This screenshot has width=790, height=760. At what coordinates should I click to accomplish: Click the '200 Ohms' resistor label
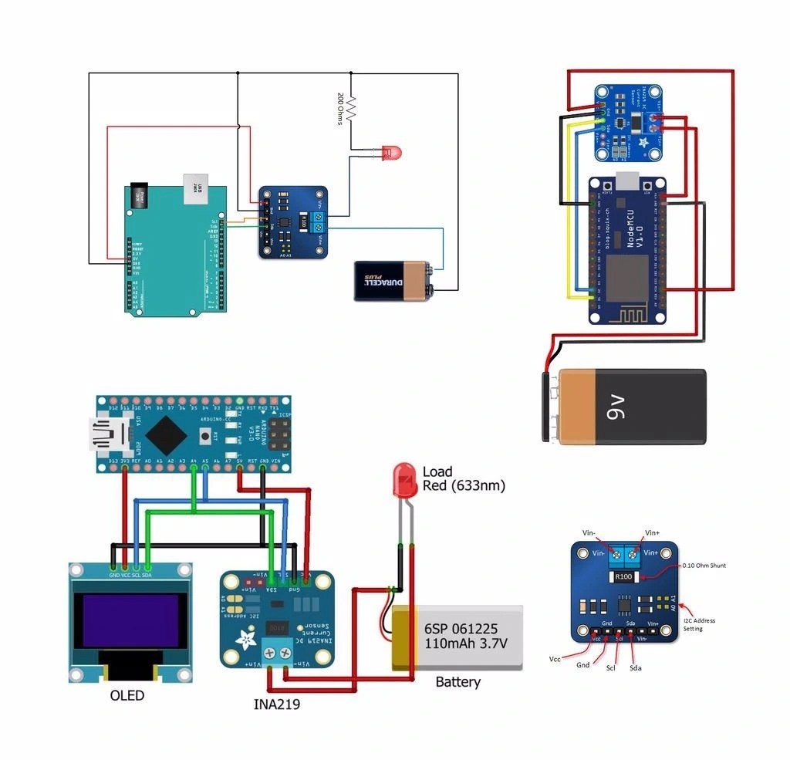click(x=340, y=109)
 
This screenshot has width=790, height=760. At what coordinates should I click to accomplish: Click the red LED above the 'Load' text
click(x=403, y=479)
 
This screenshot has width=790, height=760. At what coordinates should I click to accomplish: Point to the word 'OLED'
click(x=127, y=695)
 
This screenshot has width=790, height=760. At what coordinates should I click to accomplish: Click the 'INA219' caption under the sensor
click(x=277, y=704)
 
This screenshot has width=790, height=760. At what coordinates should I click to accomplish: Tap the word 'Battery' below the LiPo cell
click(x=457, y=682)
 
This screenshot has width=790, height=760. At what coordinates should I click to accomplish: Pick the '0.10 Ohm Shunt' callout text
click(x=704, y=565)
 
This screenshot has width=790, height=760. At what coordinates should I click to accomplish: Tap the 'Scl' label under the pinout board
click(x=610, y=667)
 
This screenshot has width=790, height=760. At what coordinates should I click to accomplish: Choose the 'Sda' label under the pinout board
click(x=636, y=667)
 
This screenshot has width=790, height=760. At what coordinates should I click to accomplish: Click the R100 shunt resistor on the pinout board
click(x=623, y=576)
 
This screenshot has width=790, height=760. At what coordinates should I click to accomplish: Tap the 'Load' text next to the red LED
click(x=437, y=471)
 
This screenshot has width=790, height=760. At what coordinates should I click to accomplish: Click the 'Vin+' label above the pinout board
click(x=653, y=532)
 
